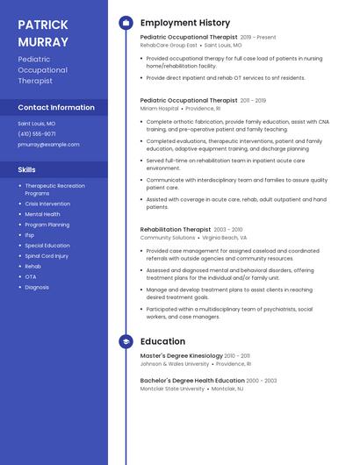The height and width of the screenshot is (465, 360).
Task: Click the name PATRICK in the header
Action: pyautogui.click(x=43, y=24)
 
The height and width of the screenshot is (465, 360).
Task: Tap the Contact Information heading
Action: pyautogui.click(x=56, y=107)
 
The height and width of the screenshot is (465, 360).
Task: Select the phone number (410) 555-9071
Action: pyautogui.click(x=38, y=134)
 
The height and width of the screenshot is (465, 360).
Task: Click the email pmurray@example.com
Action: pyautogui.click(x=48, y=145)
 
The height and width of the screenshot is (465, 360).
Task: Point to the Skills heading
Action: pyautogui.click(x=27, y=169)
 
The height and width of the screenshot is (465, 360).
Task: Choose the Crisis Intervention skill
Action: pyautogui.click(x=47, y=204)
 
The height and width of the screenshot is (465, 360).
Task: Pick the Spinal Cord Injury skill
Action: pyautogui.click(x=47, y=256)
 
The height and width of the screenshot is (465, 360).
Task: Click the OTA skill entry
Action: pyautogui.click(x=31, y=277)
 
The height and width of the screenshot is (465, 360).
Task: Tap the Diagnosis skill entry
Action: pyautogui.click(x=37, y=288)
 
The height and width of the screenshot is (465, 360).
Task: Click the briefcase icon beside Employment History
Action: pyautogui.click(x=126, y=23)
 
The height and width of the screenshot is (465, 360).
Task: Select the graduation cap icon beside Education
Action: pyautogui.click(x=126, y=341)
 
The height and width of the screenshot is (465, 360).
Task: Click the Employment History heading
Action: pyautogui.click(x=185, y=23)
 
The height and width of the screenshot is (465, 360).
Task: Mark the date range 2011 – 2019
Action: pyautogui.click(x=253, y=101)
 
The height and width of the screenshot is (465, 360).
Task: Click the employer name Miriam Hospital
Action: pyautogui.click(x=159, y=109)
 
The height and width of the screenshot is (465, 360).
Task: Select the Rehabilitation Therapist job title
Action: pyautogui.click(x=175, y=229)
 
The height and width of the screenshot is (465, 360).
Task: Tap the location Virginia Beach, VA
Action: pyautogui.click(x=224, y=238)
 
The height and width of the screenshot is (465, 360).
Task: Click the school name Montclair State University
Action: pyautogui.click(x=172, y=389)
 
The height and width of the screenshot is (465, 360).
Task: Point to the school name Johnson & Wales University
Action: pyautogui.click(x=175, y=363)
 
